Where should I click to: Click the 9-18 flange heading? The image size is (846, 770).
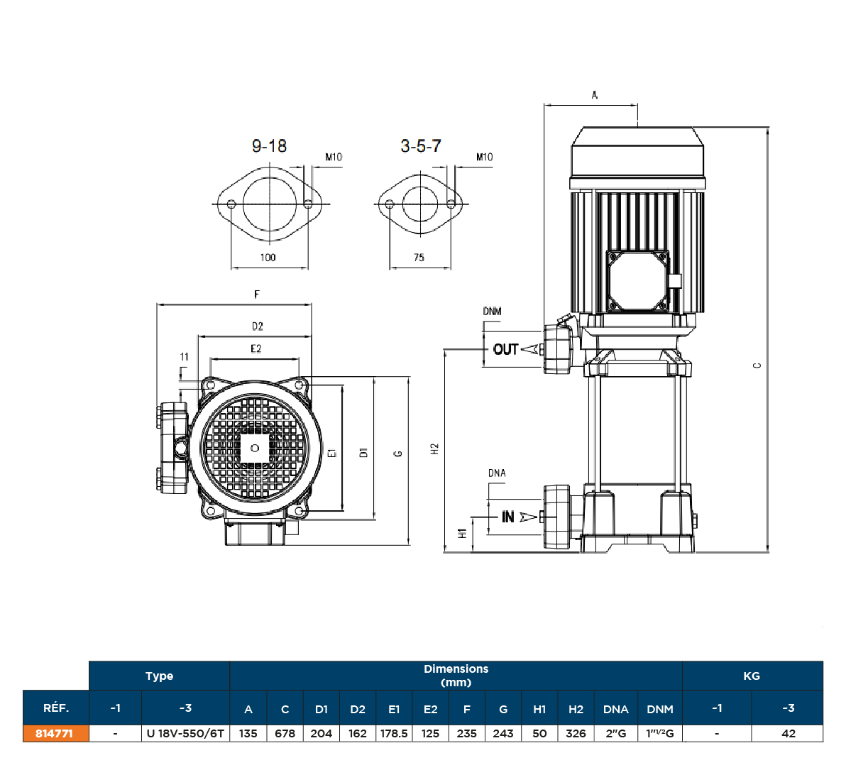[269, 146]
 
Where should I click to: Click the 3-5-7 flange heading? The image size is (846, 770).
[420, 146]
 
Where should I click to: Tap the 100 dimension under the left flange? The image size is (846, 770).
[268, 257]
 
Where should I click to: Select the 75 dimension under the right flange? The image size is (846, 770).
[419, 257]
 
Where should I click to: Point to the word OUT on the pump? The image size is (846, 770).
[505, 349]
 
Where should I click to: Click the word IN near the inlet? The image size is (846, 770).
[508, 517]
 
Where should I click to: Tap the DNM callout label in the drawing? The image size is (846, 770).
[492, 311]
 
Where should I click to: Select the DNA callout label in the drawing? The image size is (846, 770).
[497, 473]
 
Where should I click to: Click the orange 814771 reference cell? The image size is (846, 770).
[55, 733]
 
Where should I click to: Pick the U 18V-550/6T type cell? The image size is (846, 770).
[185, 733]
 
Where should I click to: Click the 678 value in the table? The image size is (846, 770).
[285, 733]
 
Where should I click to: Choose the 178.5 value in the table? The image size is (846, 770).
[394, 733]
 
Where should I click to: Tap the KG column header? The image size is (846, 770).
[752, 676]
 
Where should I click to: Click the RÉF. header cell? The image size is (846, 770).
[56, 708]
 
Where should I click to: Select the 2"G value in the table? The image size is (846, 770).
[615, 733]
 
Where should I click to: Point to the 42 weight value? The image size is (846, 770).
[788, 733]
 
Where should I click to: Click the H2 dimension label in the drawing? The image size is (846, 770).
[434, 449]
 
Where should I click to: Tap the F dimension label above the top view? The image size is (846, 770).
[257, 295]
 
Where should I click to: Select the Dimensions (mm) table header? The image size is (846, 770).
[456, 675]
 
